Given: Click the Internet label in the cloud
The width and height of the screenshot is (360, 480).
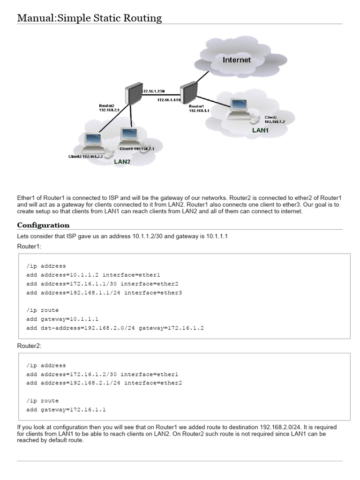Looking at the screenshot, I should pos(236,60).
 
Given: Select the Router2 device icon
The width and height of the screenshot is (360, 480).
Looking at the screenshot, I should pos(134,93).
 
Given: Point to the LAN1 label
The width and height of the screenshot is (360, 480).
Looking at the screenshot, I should pos(260,130).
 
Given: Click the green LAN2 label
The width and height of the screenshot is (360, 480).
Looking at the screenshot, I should pos(122,161).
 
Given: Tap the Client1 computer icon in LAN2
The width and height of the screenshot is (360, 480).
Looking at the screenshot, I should pos(128,136).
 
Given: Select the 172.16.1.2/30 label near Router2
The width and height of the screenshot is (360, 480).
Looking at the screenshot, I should pos(153,91).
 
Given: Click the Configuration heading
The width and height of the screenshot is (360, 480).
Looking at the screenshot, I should pos(43,225).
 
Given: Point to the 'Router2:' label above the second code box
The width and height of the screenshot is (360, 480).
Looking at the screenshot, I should pos(30,345).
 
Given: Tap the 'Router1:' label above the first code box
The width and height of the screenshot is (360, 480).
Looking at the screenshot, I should pos(30,246).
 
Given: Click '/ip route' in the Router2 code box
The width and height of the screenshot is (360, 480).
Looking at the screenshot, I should pos(43,401).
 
